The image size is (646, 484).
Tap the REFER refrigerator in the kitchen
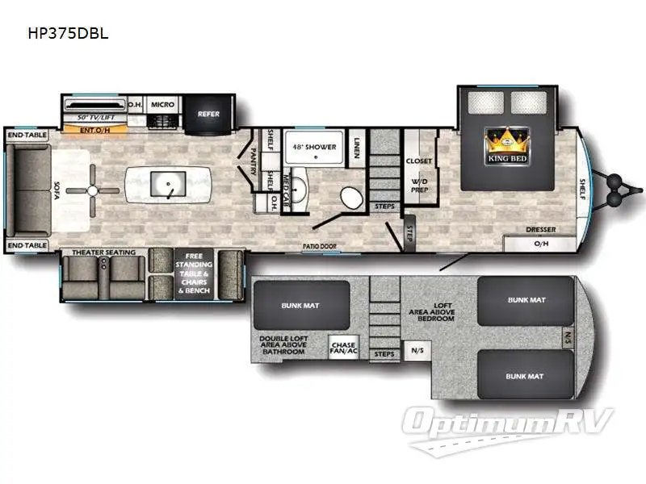208,113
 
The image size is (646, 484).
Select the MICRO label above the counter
163,104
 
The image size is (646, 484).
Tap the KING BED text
507,158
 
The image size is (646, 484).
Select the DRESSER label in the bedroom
540,230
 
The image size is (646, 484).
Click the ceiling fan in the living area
93,190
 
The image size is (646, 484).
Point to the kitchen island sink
168,186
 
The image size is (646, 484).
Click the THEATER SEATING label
104,252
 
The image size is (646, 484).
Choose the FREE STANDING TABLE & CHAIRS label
194,273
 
